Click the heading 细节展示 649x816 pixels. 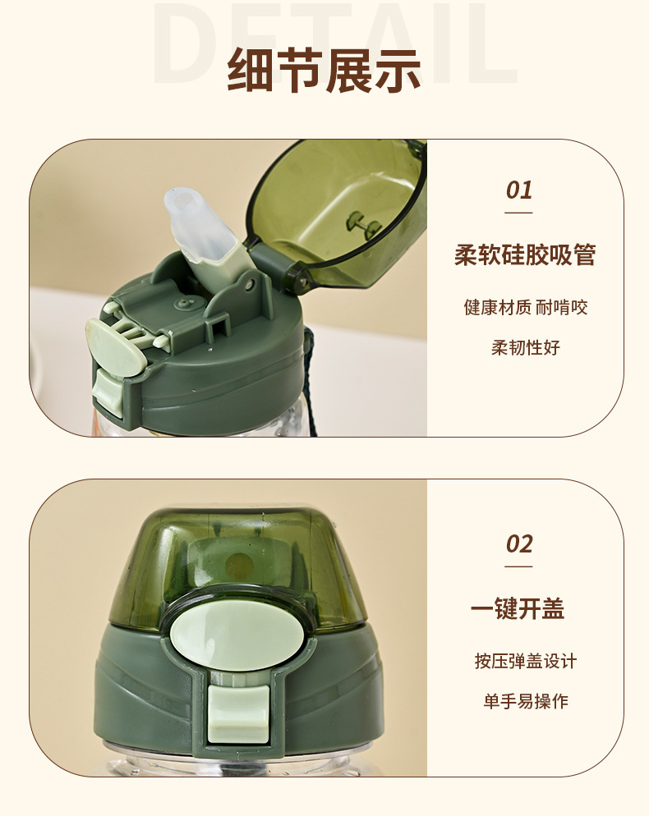324,71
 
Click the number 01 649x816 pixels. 518,190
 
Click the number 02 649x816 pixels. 518,544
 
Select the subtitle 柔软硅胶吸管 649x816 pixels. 525,255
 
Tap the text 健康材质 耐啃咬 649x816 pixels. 525,308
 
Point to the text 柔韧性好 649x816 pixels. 525,347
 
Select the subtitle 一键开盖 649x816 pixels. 518,609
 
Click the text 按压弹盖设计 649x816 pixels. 525,661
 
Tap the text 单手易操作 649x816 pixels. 525,701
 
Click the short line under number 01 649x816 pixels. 518,213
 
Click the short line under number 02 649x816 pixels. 518,566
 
